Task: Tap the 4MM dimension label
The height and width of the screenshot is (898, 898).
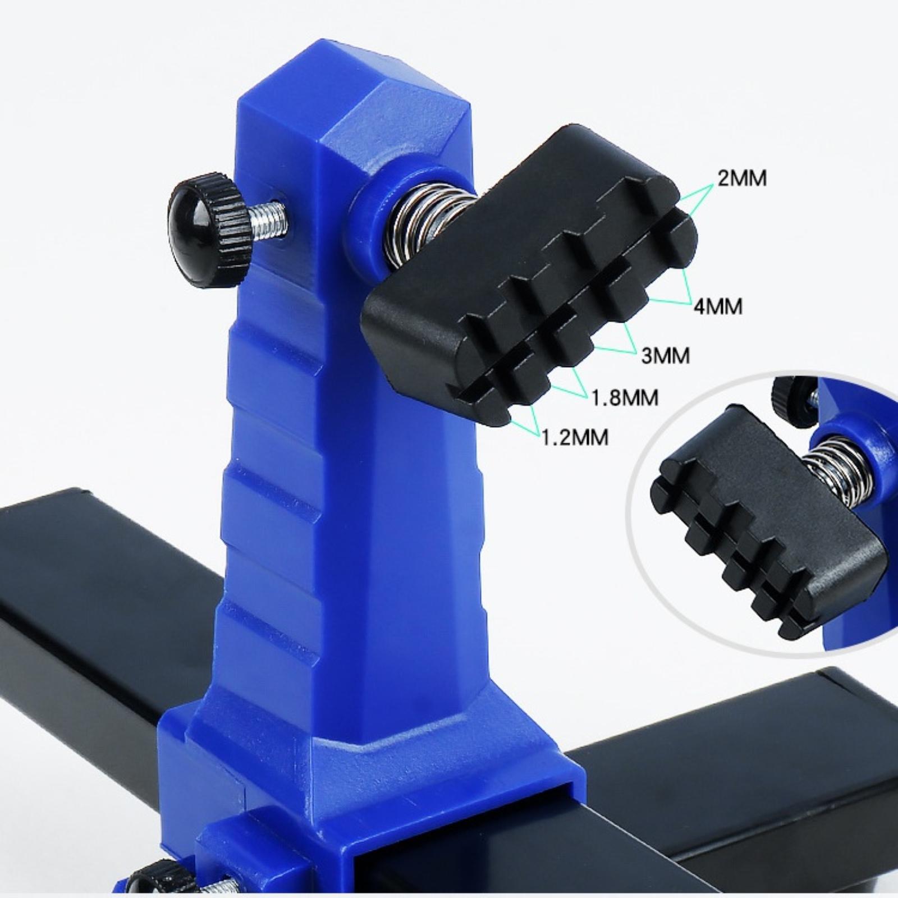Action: (x=718, y=306)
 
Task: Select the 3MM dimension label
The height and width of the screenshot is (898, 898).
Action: (x=666, y=356)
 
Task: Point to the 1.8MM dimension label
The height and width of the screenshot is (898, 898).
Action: (x=625, y=398)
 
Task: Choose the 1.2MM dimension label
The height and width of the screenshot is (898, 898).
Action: (x=575, y=437)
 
